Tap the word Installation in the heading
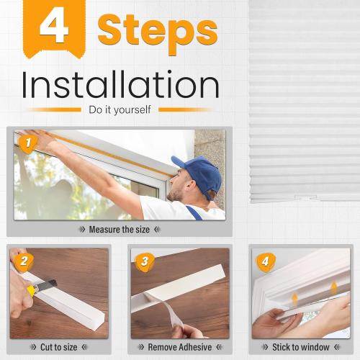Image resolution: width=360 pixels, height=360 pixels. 120,85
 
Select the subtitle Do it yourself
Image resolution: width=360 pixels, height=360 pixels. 120,110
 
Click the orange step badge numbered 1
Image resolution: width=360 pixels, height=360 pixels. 27,144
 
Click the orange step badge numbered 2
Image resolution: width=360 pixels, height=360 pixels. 22,261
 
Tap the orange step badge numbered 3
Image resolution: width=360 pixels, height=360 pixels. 143,261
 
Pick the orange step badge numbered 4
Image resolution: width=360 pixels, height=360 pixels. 264,261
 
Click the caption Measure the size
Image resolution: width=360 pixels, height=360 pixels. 120,230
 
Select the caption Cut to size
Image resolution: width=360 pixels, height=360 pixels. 59,347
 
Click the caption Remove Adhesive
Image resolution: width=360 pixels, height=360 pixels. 180,347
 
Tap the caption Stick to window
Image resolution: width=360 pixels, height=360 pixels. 300,347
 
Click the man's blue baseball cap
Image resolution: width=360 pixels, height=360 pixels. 197,174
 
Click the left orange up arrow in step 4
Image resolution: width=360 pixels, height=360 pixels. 294,299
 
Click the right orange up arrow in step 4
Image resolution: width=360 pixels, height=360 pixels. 333,288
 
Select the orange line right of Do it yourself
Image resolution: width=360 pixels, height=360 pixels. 186,110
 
